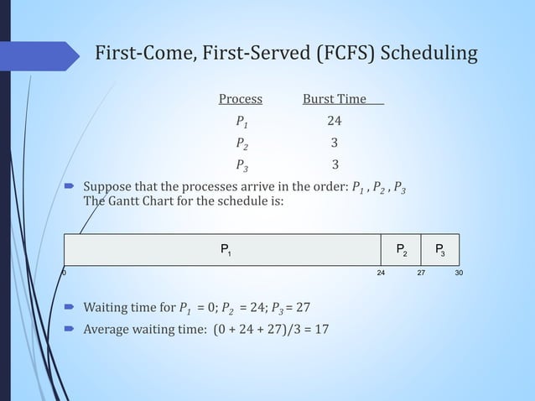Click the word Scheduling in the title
[x=429, y=55]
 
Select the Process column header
[x=240, y=100]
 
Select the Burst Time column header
[x=335, y=100]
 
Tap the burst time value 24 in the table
[x=334, y=122]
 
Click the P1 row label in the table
[x=242, y=122]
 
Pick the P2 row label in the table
[x=242, y=143]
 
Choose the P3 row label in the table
[x=242, y=164]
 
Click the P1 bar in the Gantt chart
[x=223, y=249]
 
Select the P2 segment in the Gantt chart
[x=402, y=249]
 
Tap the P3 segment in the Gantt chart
[x=440, y=249]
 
